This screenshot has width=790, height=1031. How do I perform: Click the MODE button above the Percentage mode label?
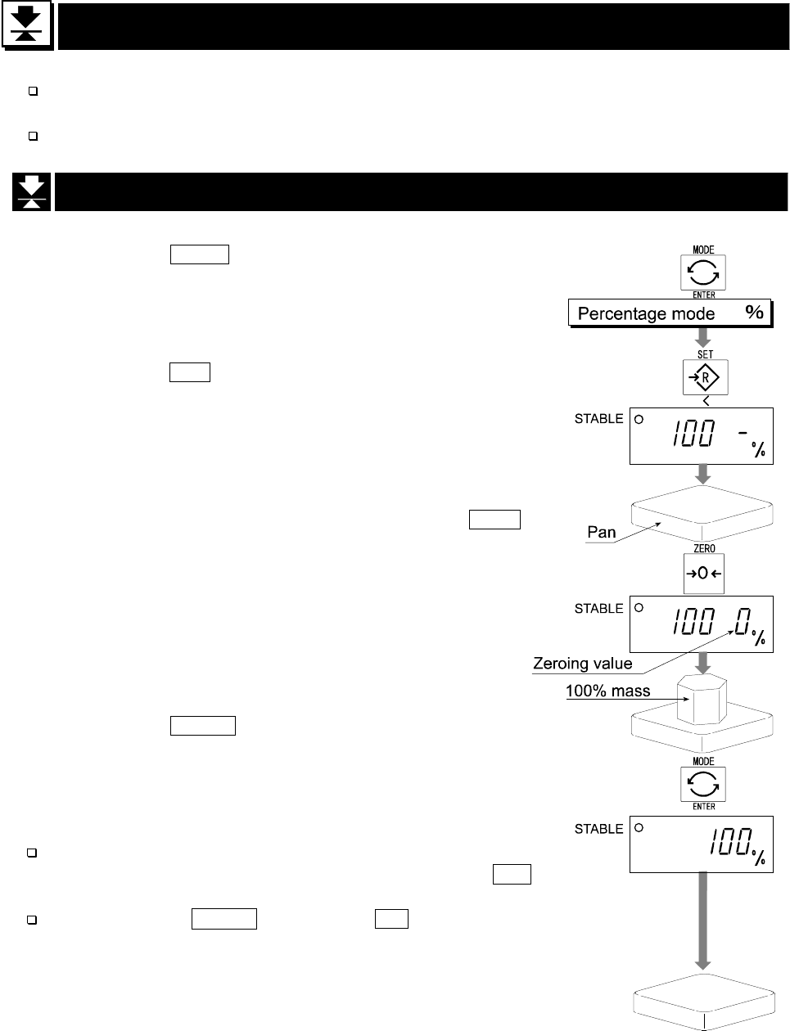pos(703,272)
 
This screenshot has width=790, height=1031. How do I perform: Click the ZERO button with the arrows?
pos(704,574)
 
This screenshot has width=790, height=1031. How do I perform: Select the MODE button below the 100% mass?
pos(703,784)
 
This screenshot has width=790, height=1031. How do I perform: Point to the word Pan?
pos(602,532)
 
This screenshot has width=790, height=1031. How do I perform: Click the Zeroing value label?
pos(582,664)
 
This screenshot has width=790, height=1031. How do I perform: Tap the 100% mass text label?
pos(607,691)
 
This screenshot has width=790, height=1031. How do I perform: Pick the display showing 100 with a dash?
pos(701,435)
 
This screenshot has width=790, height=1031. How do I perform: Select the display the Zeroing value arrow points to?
pos(701,626)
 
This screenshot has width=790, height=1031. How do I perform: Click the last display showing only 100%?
pos(701,844)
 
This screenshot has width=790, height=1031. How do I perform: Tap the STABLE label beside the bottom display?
pos(599,829)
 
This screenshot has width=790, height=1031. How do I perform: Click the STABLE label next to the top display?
pos(599,419)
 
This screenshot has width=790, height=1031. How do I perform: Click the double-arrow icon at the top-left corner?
pos(28,27)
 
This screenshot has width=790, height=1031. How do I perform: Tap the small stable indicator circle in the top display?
pos(639,419)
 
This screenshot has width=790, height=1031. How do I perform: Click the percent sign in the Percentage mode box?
pos(754,313)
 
